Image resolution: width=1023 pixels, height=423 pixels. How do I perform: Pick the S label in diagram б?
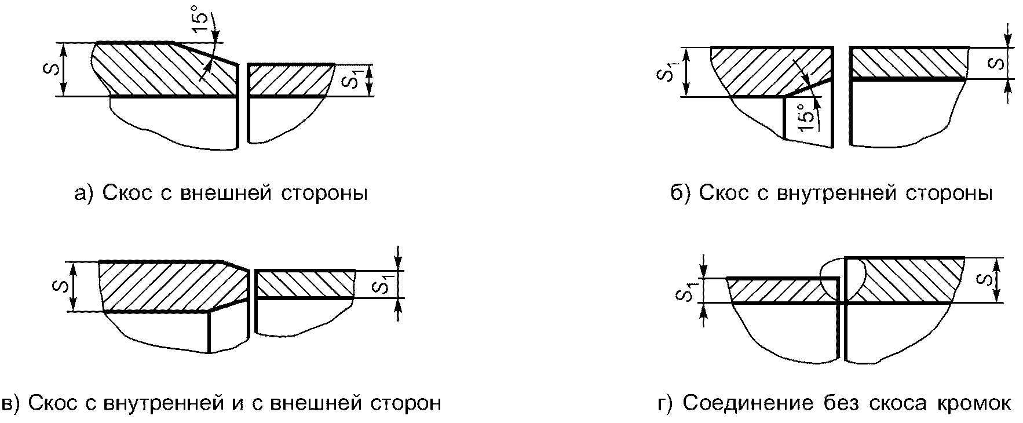pyautogui.click(x=997, y=62)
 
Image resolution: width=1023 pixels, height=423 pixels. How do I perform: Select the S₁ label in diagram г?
pyautogui.click(x=686, y=291)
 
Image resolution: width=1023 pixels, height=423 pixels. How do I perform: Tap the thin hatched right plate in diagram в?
pyautogui.click(x=305, y=284)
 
